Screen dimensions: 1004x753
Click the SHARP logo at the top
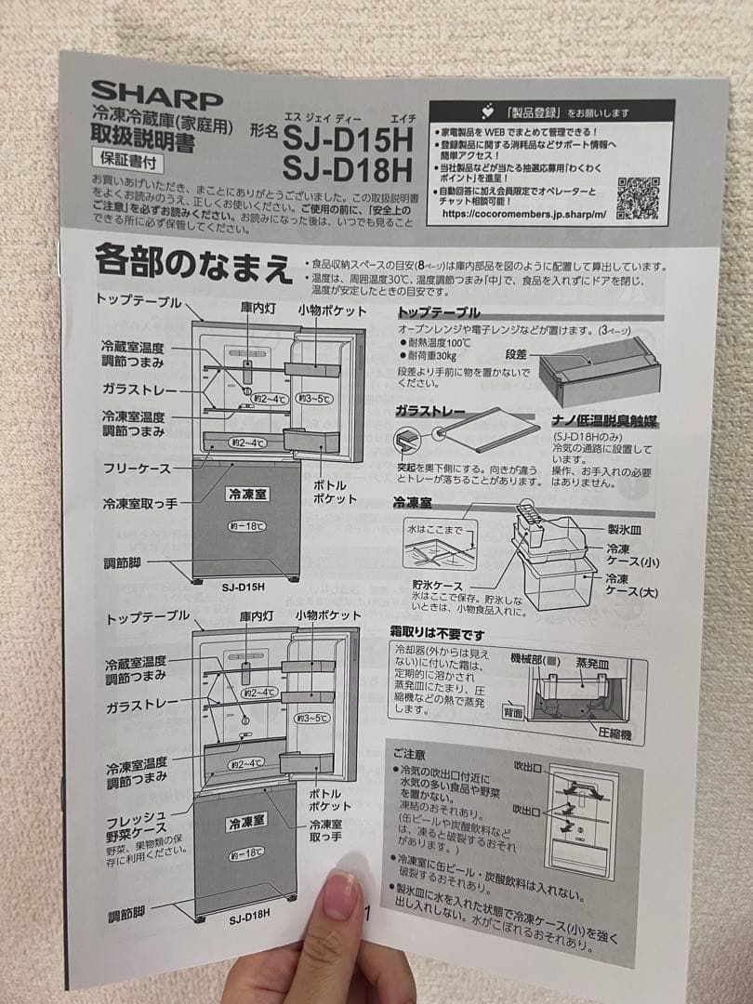(x=156, y=95)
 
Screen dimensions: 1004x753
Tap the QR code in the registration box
(x=638, y=196)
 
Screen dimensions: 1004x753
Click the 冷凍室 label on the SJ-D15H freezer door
(x=246, y=495)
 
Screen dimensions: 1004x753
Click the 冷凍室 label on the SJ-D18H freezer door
(x=245, y=821)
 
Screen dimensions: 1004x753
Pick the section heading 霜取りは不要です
(x=437, y=634)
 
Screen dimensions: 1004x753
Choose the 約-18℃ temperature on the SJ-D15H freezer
(x=246, y=526)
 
